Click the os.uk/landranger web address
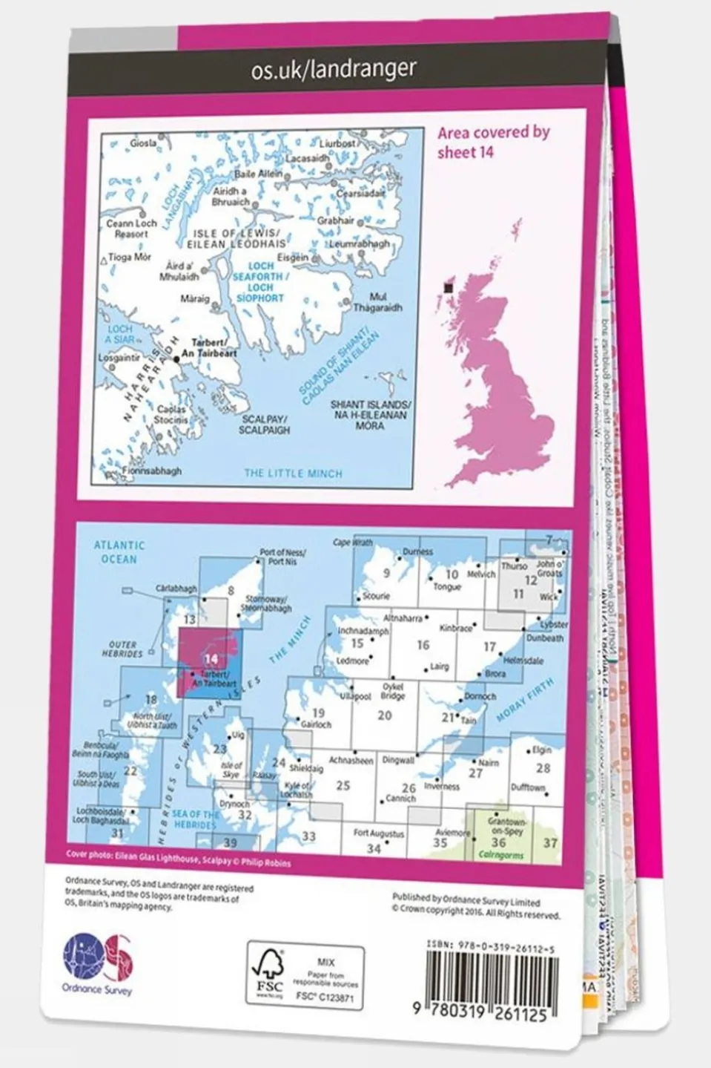(x=334, y=70)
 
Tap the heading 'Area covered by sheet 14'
(x=494, y=142)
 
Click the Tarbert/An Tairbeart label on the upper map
(x=214, y=349)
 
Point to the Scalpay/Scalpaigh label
(x=264, y=425)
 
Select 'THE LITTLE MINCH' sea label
(x=293, y=473)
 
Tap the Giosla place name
(x=143, y=143)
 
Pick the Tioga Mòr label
(x=130, y=258)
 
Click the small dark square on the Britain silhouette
(x=448, y=288)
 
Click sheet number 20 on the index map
(x=384, y=715)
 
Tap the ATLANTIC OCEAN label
(x=119, y=551)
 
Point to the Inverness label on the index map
(x=442, y=786)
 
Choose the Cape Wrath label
(x=352, y=543)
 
